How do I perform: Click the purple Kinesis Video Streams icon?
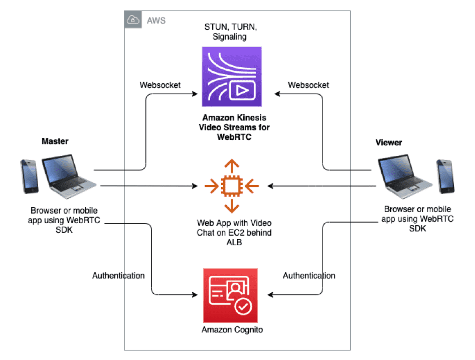231,77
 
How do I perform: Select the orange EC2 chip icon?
231,186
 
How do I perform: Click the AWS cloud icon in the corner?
133,20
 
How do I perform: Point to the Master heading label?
55,141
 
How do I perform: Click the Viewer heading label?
389,142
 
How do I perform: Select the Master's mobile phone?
29,176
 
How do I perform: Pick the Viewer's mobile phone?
445,176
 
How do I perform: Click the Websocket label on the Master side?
160,85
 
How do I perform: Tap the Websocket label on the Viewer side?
308,85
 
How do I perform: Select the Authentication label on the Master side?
118,276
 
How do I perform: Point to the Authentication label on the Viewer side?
309,276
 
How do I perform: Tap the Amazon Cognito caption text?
232,330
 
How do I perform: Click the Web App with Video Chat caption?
231,231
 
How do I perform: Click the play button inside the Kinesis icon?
241,91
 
